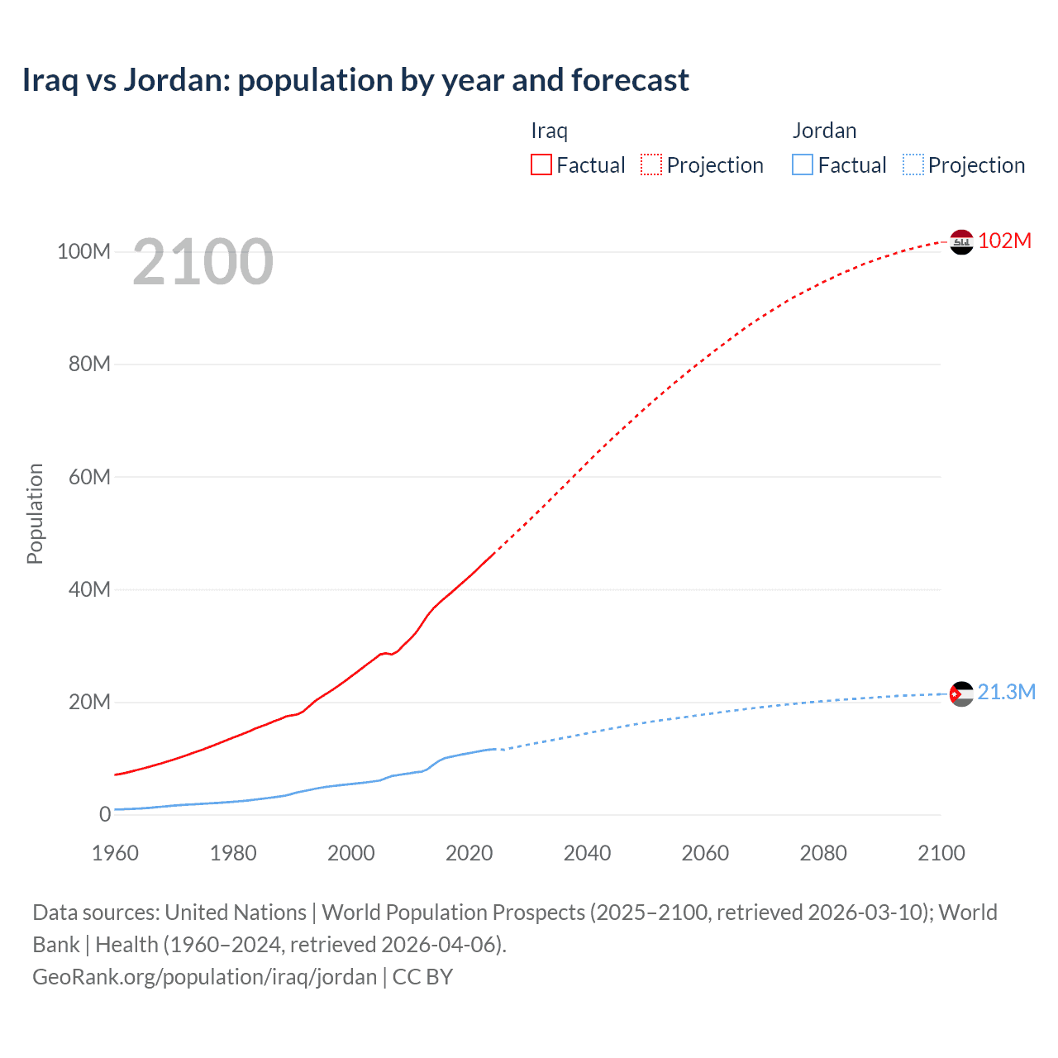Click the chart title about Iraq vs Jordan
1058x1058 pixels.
coord(355,80)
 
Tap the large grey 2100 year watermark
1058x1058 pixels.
coord(203,262)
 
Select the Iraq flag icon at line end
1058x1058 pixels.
coord(961,242)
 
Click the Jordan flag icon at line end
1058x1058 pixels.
coord(961,693)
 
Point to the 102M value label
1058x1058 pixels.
coord(1004,241)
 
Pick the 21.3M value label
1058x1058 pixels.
coord(1006,692)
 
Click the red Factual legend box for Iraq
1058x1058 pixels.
coord(541,164)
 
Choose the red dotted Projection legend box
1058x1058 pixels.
coord(651,164)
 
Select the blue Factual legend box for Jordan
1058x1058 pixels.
coord(802,164)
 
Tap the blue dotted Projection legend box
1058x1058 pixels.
coord(913,164)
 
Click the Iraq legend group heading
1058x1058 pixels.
coord(549,131)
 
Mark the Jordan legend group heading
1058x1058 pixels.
coord(824,131)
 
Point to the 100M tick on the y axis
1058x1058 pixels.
coord(83,251)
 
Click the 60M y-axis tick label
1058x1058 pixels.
coord(88,477)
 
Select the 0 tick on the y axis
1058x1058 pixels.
coord(105,814)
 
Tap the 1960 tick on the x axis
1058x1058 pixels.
coord(115,853)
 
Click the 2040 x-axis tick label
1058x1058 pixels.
coord(587,853)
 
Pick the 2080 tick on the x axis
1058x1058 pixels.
coord(823,853)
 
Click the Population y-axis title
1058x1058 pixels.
coord(35,513)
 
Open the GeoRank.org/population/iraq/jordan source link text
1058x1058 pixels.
coord(204,977)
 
